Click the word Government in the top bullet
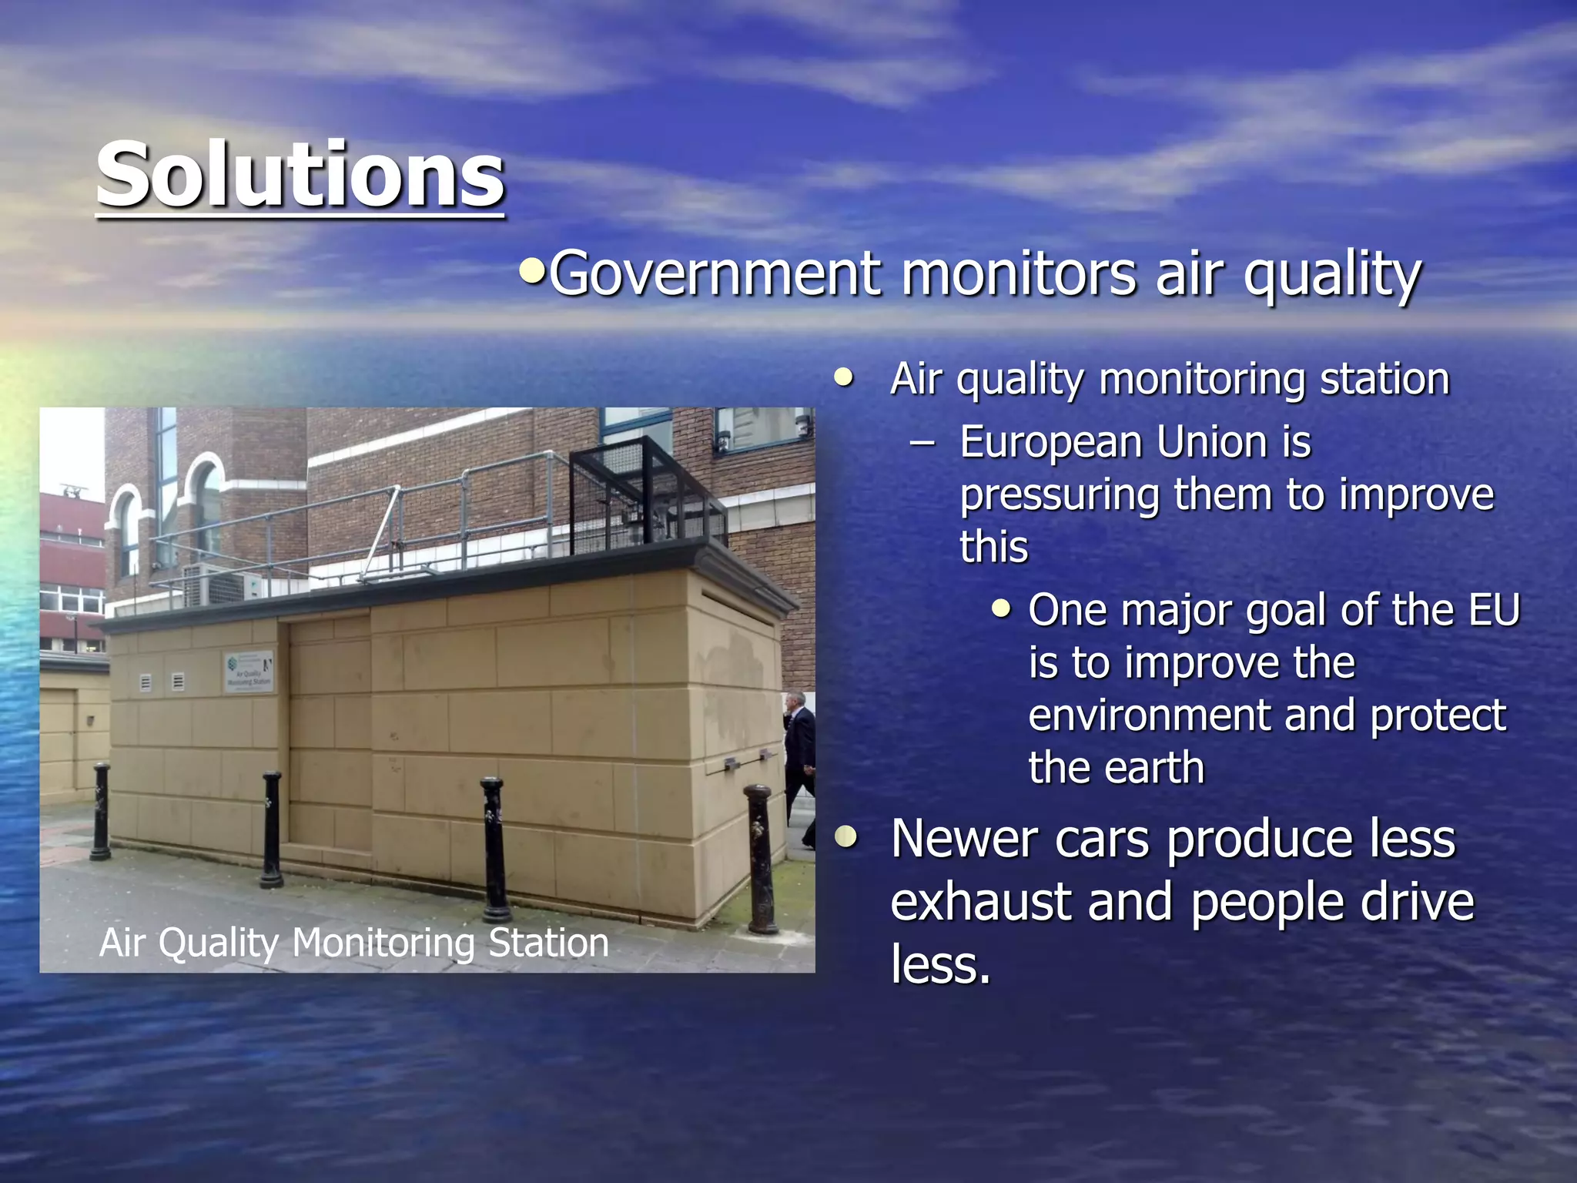coord(715,274)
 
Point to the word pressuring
coord(1060,495)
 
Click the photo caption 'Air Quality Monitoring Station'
coord(354,943)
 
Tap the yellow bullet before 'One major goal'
coord(1001,609)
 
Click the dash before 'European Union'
coord(922,443)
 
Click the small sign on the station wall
coord(249,672)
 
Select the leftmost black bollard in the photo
coord(101,812)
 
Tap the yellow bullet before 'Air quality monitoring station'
coord(845,377)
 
